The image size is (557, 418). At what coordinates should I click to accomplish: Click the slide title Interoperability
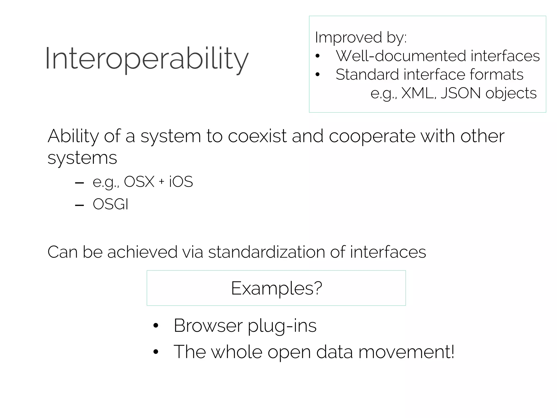(147, 59)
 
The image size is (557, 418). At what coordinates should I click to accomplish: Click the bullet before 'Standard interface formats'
(317, 75)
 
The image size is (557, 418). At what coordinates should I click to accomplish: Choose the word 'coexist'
(257, 136)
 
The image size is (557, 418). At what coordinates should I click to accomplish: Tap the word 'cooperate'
(372, 136)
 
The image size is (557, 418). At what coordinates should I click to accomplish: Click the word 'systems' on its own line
(82, 158)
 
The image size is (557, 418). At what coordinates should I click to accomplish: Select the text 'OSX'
(139, 182)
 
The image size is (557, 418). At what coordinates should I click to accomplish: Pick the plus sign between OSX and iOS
(162, 182)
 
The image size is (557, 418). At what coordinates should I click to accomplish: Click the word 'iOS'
(181, 182)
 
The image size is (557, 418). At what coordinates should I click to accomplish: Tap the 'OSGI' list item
(110, 204)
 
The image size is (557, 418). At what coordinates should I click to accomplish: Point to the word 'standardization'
(266, 252)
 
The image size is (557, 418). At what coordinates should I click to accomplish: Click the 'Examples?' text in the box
(276, 288)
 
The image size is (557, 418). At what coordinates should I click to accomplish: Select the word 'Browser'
(208, 325)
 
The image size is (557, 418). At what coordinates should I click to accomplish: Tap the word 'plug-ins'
(282, 326)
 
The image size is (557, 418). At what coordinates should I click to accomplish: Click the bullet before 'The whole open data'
(156, 352)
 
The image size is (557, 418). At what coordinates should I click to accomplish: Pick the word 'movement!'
(406, 352)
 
